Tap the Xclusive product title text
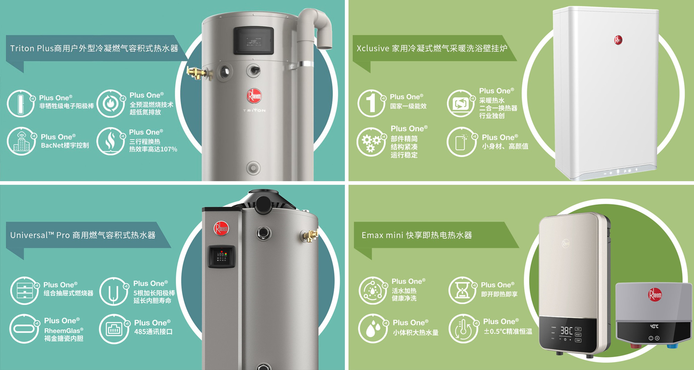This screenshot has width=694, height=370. pos(432,48)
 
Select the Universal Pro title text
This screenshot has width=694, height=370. pos(83,235)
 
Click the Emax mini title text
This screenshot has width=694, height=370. pos(417,235)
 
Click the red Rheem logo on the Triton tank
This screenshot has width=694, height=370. pos(254,96)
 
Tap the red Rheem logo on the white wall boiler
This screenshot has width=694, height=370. pos(618,40)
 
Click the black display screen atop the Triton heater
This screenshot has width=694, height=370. pos(254,40)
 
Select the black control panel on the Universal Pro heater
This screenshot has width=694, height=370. pos(221,257)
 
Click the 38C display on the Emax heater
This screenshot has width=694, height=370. pos(566,330)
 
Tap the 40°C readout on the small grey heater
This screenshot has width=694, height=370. pos(654,326)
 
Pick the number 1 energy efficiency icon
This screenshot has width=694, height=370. pos(371,103)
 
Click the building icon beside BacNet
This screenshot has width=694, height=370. pos(22,141)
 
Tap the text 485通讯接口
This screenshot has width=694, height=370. pos(153,332)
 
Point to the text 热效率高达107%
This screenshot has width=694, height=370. pos(153,149)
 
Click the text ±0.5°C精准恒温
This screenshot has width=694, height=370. pos(508,332)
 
